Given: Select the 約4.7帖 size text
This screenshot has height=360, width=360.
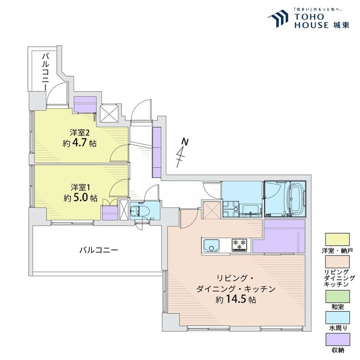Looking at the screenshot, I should (79, 143).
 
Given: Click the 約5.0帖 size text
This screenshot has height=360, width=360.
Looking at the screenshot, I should (79, 198).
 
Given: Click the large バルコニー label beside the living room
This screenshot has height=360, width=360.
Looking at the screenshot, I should (98, 250).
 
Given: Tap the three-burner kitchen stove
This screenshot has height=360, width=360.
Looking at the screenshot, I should (240, 245).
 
